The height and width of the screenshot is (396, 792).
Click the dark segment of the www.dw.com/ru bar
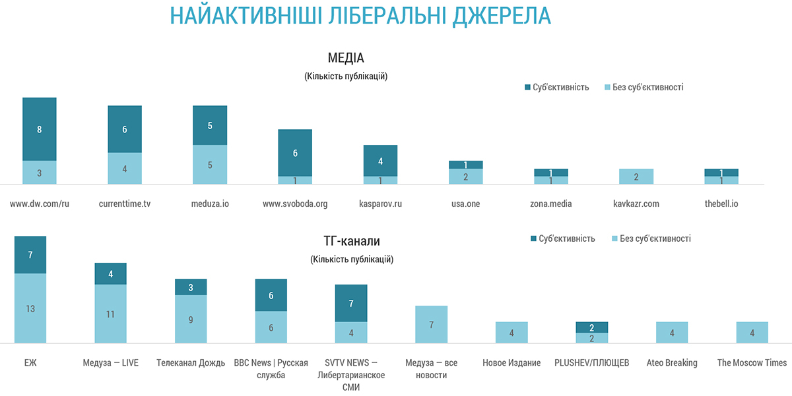click(40, 129)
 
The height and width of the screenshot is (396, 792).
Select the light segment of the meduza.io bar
click(210, 165)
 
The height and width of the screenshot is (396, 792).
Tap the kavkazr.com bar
click(636, 177)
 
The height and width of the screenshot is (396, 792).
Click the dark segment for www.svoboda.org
click(295, 153)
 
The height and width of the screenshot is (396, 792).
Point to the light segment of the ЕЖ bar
click(30, 308)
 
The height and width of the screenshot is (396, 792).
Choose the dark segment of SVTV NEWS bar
click(351, 303)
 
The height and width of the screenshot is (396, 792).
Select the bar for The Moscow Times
click(752, 332)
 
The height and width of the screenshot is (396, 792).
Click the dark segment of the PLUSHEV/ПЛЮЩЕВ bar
click(592, 327)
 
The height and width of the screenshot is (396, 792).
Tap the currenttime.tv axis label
click(125, 204)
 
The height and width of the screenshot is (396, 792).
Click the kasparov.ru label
click(380, 204)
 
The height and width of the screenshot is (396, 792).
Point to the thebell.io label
click(721, 204)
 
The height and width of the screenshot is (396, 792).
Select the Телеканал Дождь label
click(191, 362)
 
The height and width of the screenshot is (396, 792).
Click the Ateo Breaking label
click(672, 362)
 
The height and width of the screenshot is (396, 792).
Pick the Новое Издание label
click(511, 362)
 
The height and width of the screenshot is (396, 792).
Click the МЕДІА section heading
click(346, 57)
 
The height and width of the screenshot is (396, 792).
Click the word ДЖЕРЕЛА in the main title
click(502, 16)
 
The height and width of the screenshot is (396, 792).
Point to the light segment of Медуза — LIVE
click(110, 314)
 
